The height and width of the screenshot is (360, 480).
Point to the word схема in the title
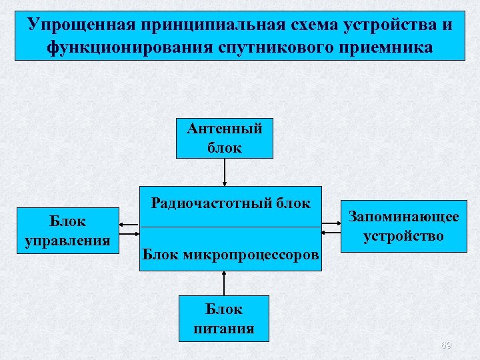[x=313, y=25]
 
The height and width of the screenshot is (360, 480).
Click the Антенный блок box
[x=225, y=138]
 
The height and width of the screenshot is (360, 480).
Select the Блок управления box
[x=67, y=231]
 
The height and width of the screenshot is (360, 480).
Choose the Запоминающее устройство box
[x=403, y=227]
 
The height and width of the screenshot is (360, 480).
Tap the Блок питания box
[x=224, y=319]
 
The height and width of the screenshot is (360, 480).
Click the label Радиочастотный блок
[x=231, y=203]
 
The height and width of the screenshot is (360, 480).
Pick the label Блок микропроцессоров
[x=231, y=253]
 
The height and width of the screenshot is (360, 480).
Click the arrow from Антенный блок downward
[x=225, y=171]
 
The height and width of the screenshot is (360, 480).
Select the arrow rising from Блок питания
[x=225, y=283]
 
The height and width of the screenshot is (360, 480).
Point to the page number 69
[x=446, y=345]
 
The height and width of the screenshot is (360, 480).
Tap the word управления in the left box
[x=67, y=240]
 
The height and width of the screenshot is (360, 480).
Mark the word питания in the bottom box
[x=224, y=328]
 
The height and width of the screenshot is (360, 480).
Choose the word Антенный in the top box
[x=225, y=129]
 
